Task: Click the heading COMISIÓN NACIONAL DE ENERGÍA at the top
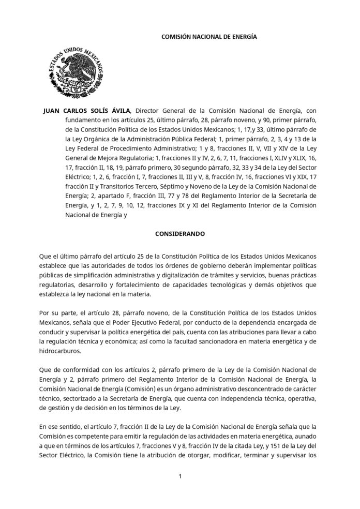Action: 209,38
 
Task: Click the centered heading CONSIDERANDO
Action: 180,234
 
